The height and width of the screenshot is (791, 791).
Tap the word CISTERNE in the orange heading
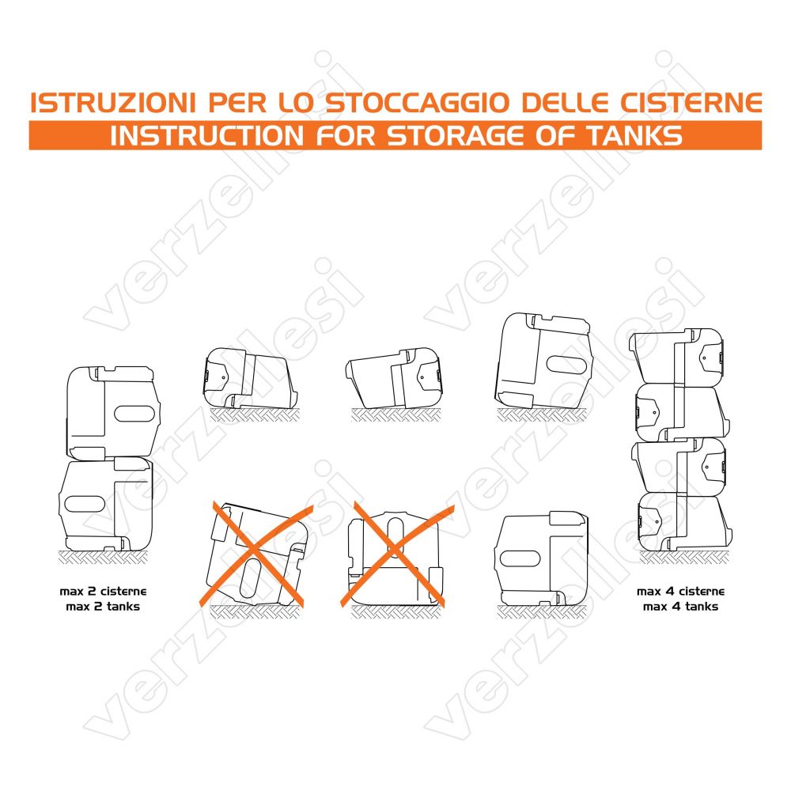(691, 103)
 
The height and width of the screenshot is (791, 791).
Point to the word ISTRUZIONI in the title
(113, 103)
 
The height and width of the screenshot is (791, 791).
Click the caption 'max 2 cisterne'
(103, 591)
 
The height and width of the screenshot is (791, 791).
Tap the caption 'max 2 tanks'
(103, 607)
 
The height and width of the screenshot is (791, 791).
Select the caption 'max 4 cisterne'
(680, 591)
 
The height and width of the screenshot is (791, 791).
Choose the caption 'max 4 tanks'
(680, 607)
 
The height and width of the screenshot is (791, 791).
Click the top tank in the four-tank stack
(677, 356)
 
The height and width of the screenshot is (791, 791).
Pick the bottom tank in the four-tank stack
(683, 523)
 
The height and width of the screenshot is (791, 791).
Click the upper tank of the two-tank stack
(113, 413)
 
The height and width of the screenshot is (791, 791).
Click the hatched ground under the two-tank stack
(103, 558)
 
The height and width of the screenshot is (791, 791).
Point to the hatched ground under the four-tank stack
(683, 558)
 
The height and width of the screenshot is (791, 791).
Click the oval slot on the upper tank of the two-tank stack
(134, 413)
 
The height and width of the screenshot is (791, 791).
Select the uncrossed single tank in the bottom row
(542, 559)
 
